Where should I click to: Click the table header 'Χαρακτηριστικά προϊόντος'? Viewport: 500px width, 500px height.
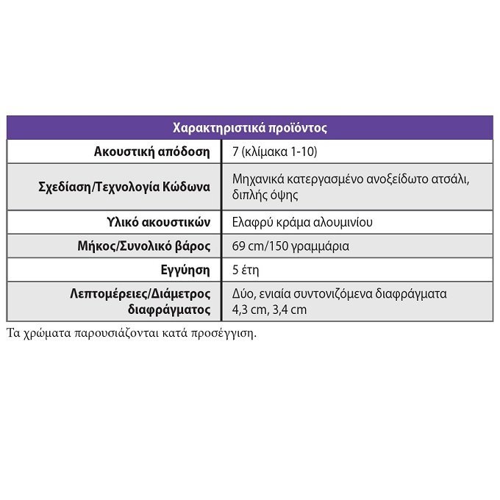(249, 127)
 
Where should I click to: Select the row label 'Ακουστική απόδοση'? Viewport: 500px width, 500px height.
(151, 152)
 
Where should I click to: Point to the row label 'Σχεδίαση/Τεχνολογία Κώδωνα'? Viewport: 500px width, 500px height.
(124, 187)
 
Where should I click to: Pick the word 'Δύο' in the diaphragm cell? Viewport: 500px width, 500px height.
(243, 294)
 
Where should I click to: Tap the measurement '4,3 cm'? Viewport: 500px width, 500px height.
(249, 310)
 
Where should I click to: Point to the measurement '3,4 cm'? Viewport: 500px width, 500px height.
(290, 310)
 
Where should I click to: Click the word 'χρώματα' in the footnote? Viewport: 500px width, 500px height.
(46, 332)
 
